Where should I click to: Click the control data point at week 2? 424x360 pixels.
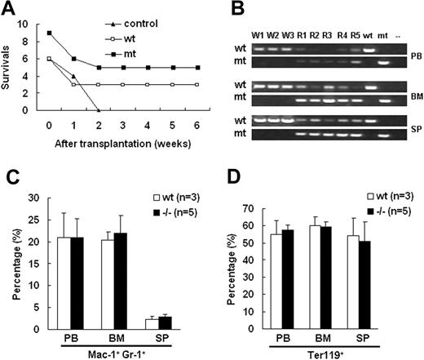[99, 110]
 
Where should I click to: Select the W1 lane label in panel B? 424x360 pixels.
[258, 33]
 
